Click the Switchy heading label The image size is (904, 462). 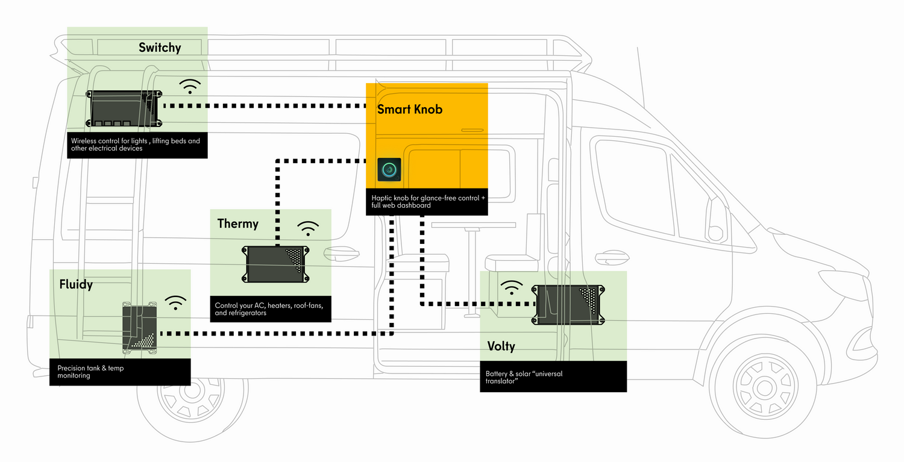point(160,48)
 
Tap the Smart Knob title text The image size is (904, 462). point(410,109)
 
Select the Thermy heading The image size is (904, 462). point(237,224)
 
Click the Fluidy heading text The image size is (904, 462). point(76,284)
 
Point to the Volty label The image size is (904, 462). point(501,346)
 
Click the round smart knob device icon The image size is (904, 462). point(389,170)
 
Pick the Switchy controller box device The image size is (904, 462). point(125,108)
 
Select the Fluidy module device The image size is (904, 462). point(140,328)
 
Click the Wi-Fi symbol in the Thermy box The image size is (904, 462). point(309,229)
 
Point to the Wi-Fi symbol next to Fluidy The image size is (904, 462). point(175,302)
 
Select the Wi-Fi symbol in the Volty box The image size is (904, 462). point(512,287)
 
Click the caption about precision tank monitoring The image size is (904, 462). point(90,372)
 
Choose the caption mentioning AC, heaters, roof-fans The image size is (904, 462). point(270,309)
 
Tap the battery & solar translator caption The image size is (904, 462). point(524,377)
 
